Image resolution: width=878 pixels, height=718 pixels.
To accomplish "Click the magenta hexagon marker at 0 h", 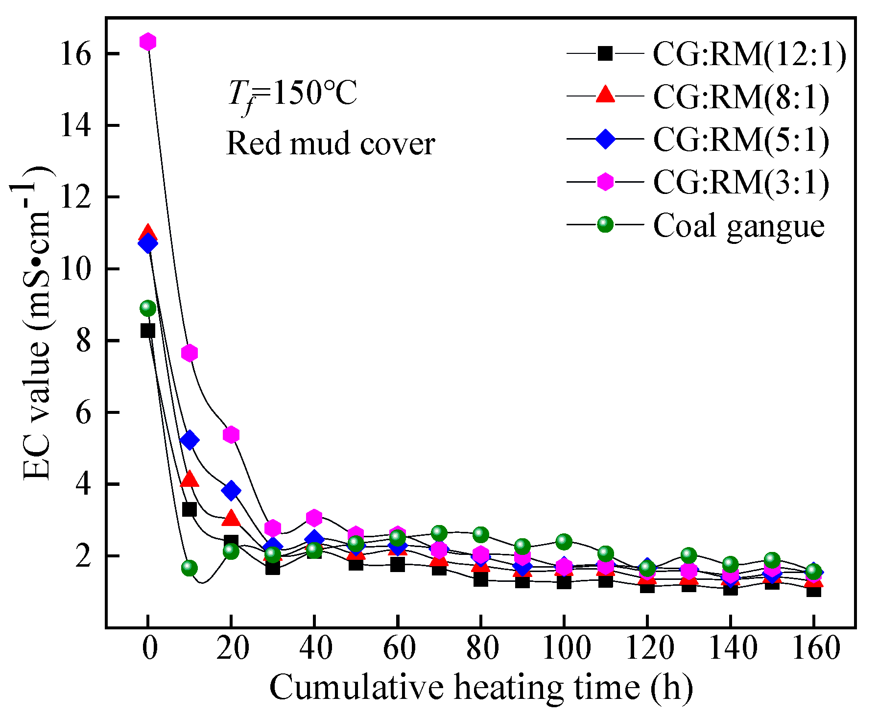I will click(x=148, y=42).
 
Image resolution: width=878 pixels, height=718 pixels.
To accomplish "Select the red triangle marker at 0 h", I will click(x=148, y=234).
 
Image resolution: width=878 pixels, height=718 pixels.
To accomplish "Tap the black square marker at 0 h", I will click(x=148, y=331).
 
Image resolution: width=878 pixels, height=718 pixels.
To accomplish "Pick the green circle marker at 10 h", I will click(x=190, y=568).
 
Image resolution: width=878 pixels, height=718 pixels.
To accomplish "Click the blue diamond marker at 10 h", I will click(x=190, y=440).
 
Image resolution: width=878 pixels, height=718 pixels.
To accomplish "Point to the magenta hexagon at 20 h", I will click(x=231, y=434).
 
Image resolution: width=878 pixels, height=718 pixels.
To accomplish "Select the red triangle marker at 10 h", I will click(x=190, y=479).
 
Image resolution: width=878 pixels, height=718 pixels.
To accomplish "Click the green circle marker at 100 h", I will click(x=564, y=542).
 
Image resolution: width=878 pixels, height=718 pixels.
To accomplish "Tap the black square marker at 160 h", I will click(x=814, y=590).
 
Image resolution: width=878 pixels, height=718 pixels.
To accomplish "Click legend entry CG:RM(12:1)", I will click(x=749, y=54).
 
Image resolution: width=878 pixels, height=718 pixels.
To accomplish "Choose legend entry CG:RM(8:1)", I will click(x=741, y=96).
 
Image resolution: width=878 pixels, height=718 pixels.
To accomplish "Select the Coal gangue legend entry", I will click(x=738, y=225).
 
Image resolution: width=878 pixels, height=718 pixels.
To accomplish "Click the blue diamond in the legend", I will click(x=606, y=139).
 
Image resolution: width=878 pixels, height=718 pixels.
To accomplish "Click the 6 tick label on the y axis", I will click(x=83, y=413).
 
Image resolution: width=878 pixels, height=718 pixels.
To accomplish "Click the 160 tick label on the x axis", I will click(x=814, y=648).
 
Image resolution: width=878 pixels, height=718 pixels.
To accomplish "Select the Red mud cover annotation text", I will click(x=331, y=144).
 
